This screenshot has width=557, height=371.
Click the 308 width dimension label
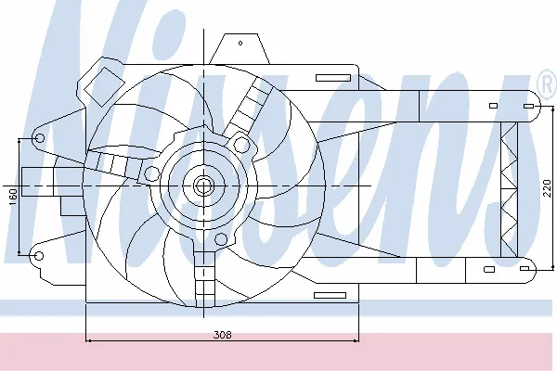tap(222, 335)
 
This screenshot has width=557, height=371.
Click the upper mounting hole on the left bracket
tap(39, 138)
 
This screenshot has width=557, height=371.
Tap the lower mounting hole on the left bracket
tap(39, 252)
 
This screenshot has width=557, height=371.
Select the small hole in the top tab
tap(239, 42)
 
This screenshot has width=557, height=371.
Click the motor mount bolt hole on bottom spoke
tap(220, 239)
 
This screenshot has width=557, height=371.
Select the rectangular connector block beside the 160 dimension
tap(37, 182)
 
